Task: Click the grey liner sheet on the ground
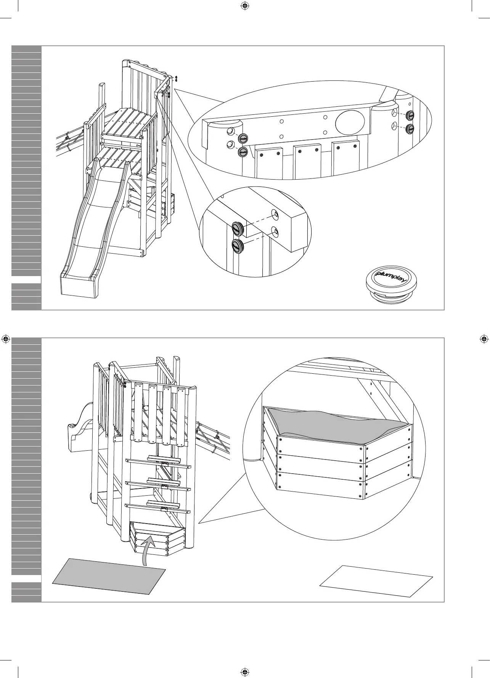point(109,577)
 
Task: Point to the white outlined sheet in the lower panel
point(376,581)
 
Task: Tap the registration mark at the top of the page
point(245,6)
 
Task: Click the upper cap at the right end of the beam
point(410,115)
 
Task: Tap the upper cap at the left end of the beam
point(243,139)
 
